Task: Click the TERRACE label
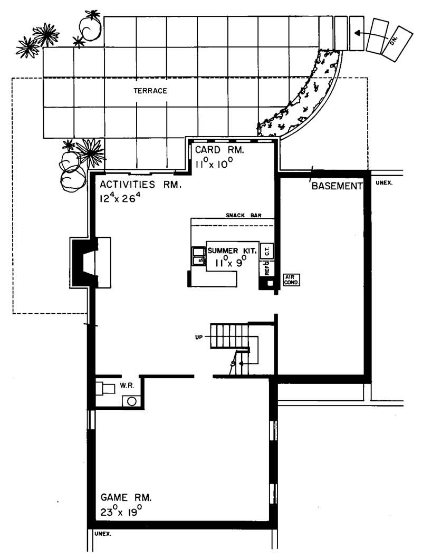pyautogui.click(x=150, y=91)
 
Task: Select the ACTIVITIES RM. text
pyautogui.click(x=141, y=185)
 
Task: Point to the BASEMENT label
pyautogui.click(x=337, y=186)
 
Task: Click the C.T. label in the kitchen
pyautogui.click(x=267, y=252)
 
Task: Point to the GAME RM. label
pyautogui.click(x=126, y=497)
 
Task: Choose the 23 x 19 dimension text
pyautogui.click(x=121, y=511)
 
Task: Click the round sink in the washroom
pyautogui.click(x=132, y=401)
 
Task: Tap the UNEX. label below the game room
pyautogui.click(x=103, y=534)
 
